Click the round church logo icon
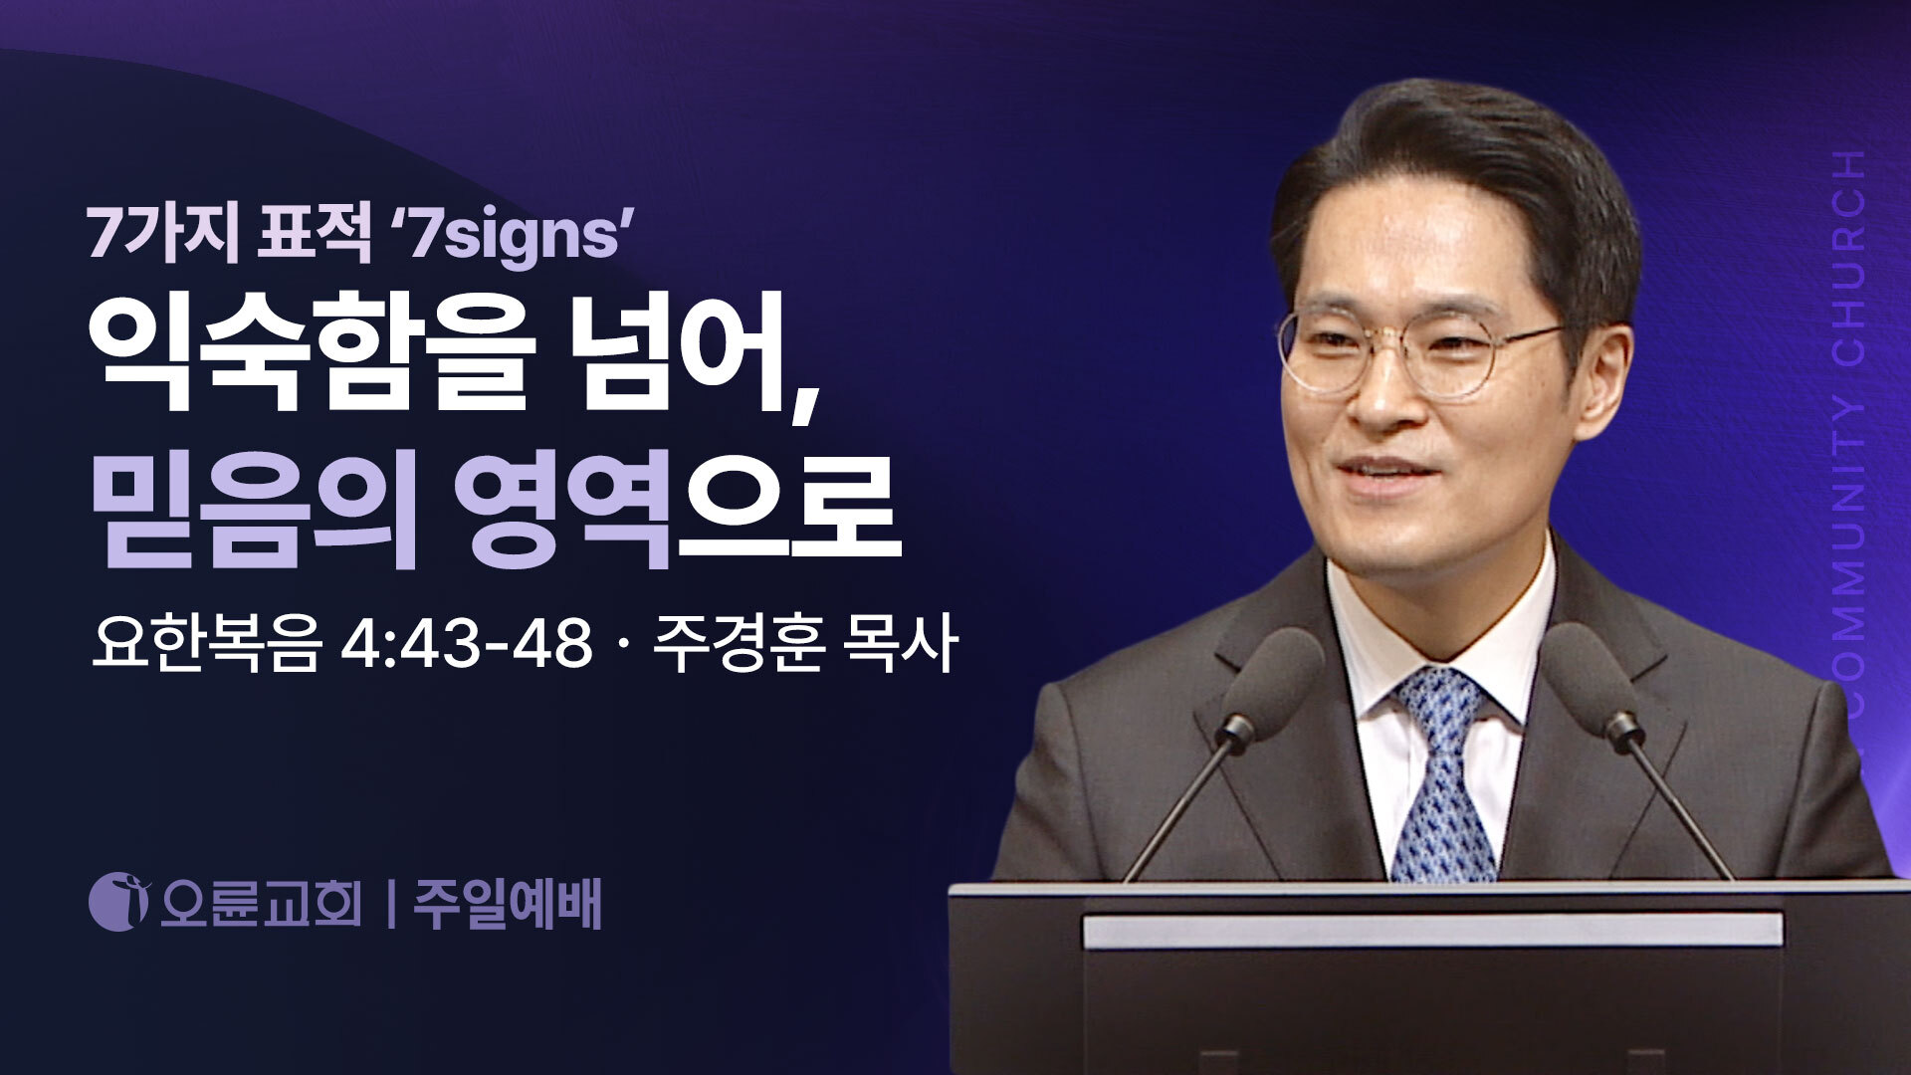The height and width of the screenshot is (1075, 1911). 118,902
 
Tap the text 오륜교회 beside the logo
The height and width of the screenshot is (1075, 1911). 260,904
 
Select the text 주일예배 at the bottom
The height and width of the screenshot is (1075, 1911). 508,904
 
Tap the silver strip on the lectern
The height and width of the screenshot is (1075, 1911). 1432,932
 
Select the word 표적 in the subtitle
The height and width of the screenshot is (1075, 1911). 315,237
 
